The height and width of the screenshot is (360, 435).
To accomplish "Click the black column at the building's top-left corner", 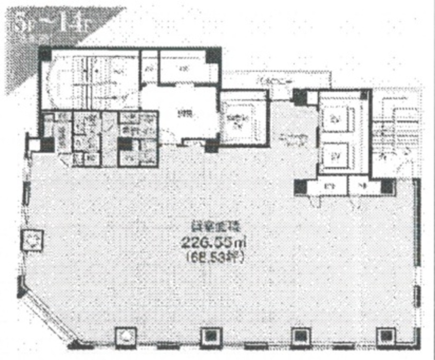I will [45, 54].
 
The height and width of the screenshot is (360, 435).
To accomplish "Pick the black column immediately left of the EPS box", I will [301, 187].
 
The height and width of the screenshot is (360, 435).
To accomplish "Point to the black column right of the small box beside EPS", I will [387, 187].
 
